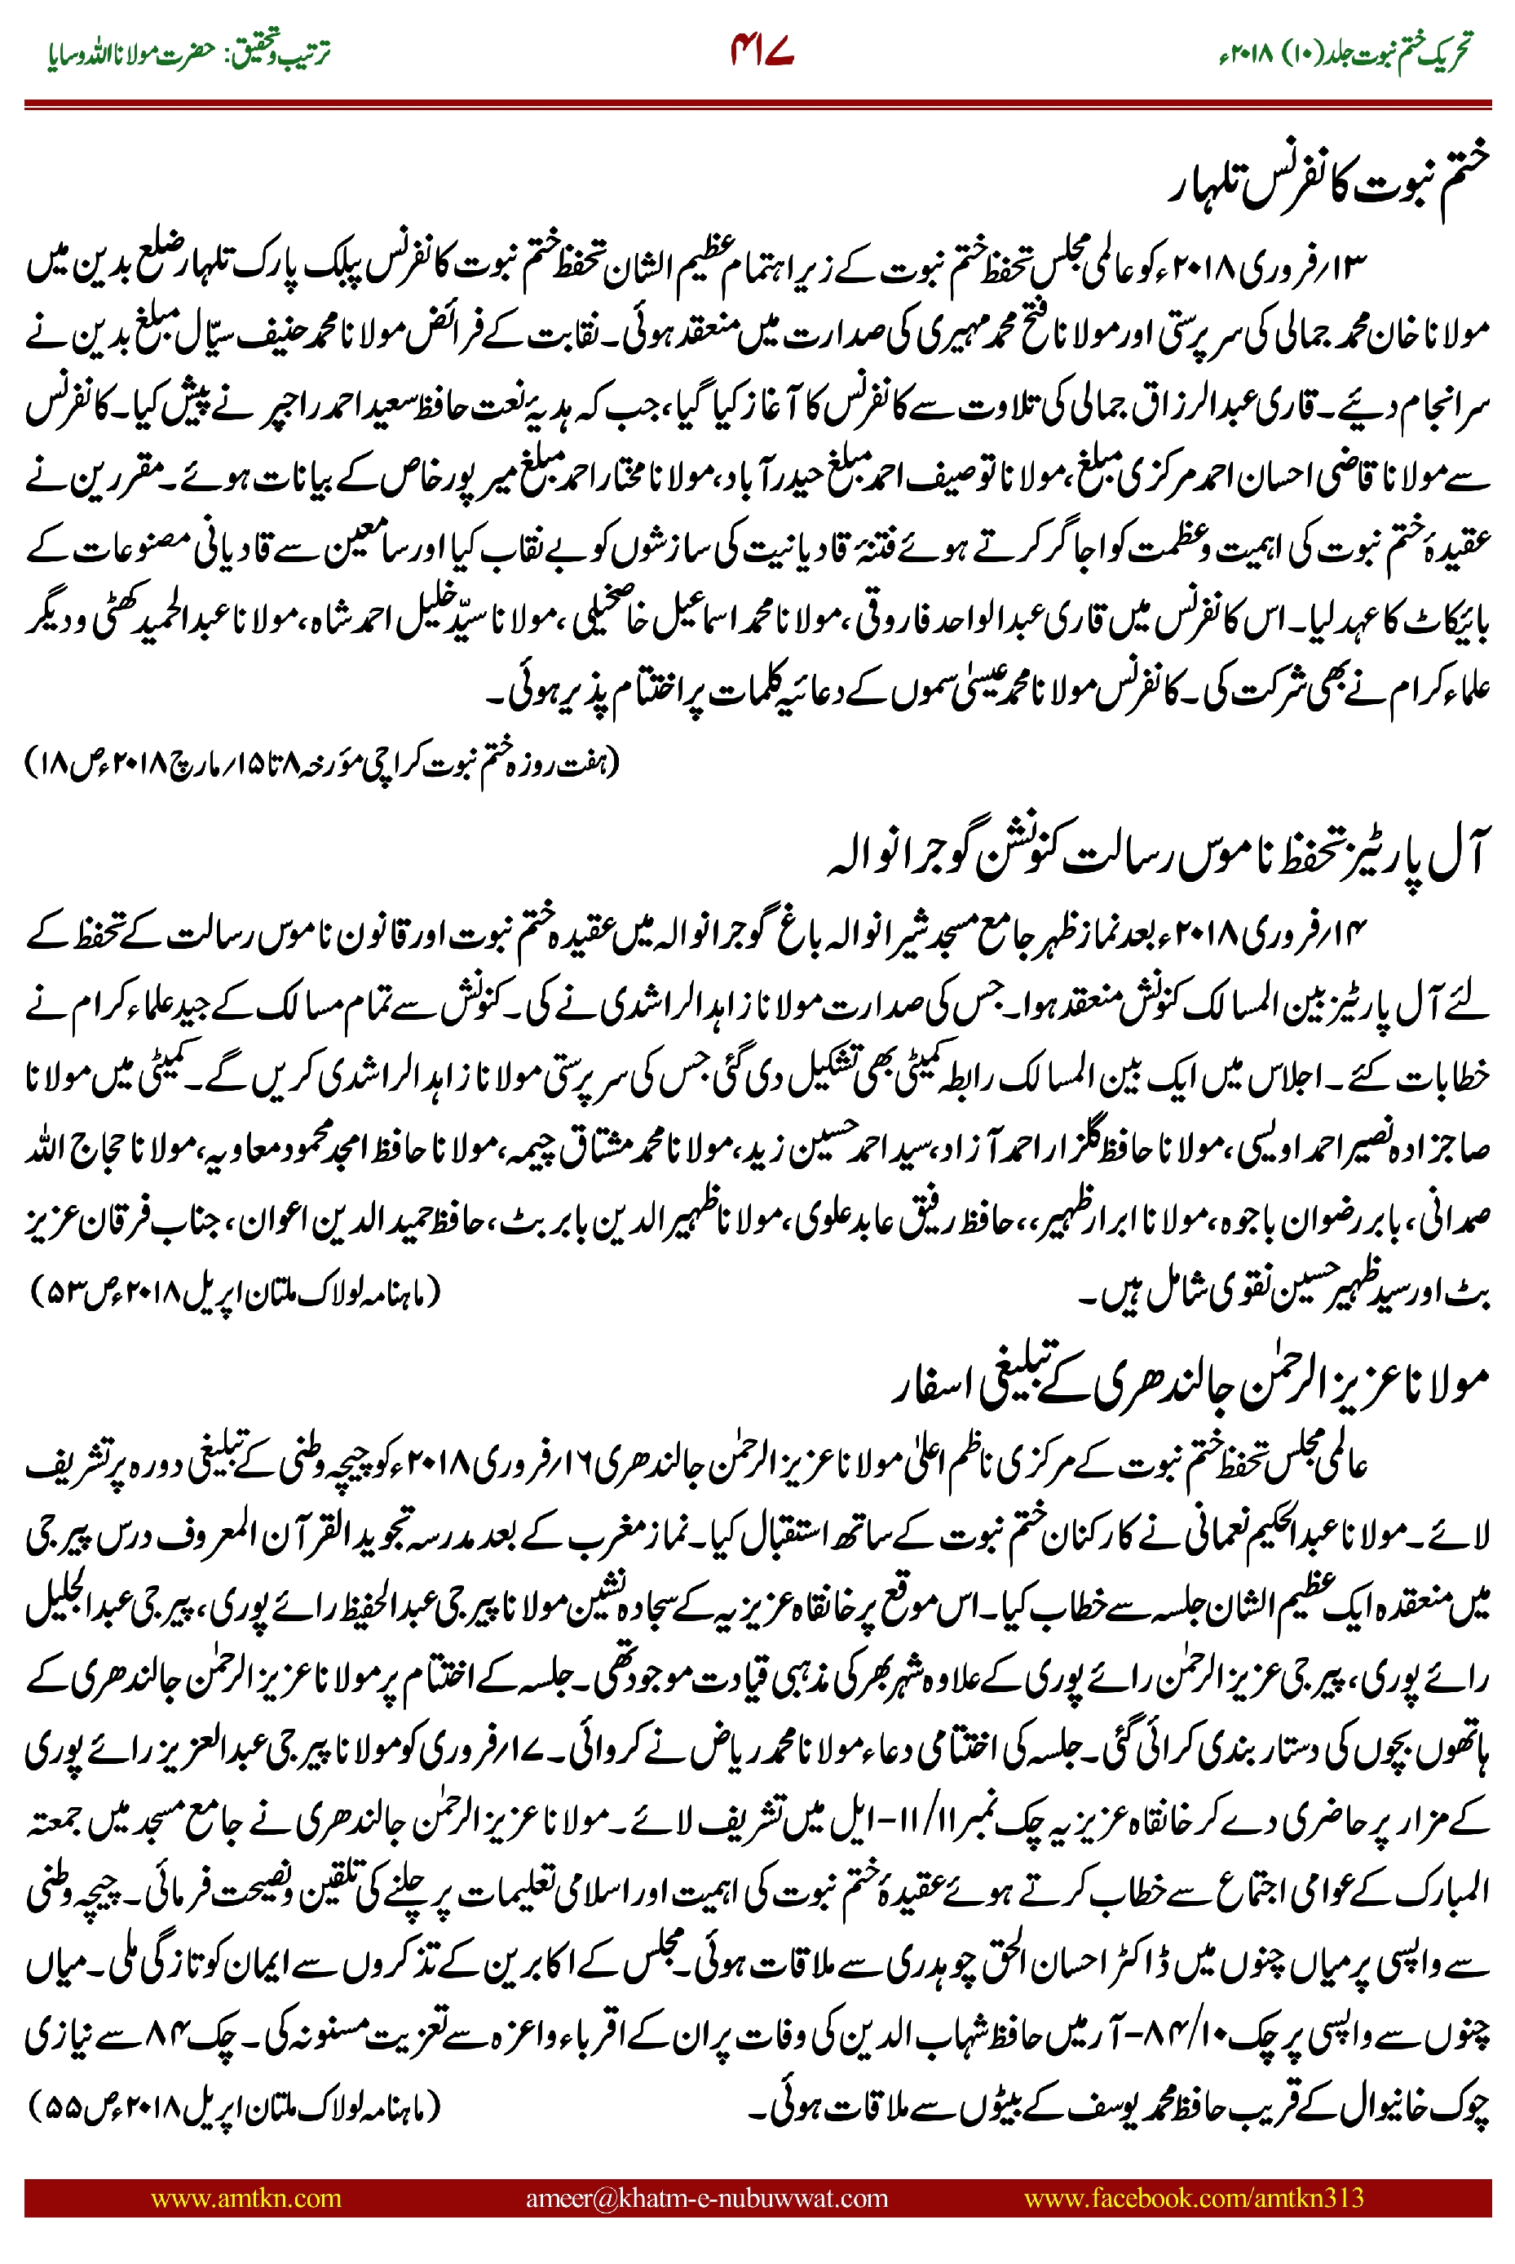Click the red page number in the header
tap(762, 54)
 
